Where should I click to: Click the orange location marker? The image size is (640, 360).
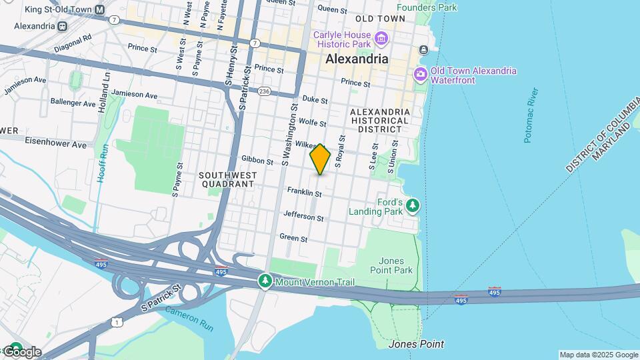[320, 159]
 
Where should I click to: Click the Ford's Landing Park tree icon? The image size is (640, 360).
[413, 205]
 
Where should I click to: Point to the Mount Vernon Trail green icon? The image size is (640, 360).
[266, 282]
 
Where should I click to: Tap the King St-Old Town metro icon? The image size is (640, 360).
[100, 10]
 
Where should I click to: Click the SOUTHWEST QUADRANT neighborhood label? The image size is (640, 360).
[227, 179]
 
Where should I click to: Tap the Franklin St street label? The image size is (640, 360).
[305, 193]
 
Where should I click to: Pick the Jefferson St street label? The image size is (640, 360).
[303, 216]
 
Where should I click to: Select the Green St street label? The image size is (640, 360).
[293, 237]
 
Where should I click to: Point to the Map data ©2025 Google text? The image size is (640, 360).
[598, 355]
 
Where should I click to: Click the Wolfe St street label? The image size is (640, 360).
[312, 123]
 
